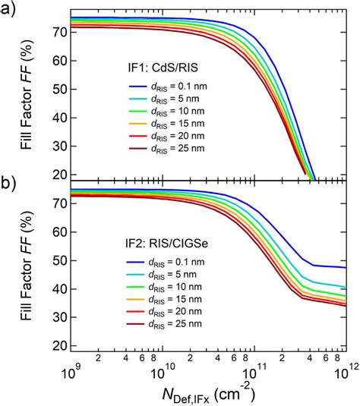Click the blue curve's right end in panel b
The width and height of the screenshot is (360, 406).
346,267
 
